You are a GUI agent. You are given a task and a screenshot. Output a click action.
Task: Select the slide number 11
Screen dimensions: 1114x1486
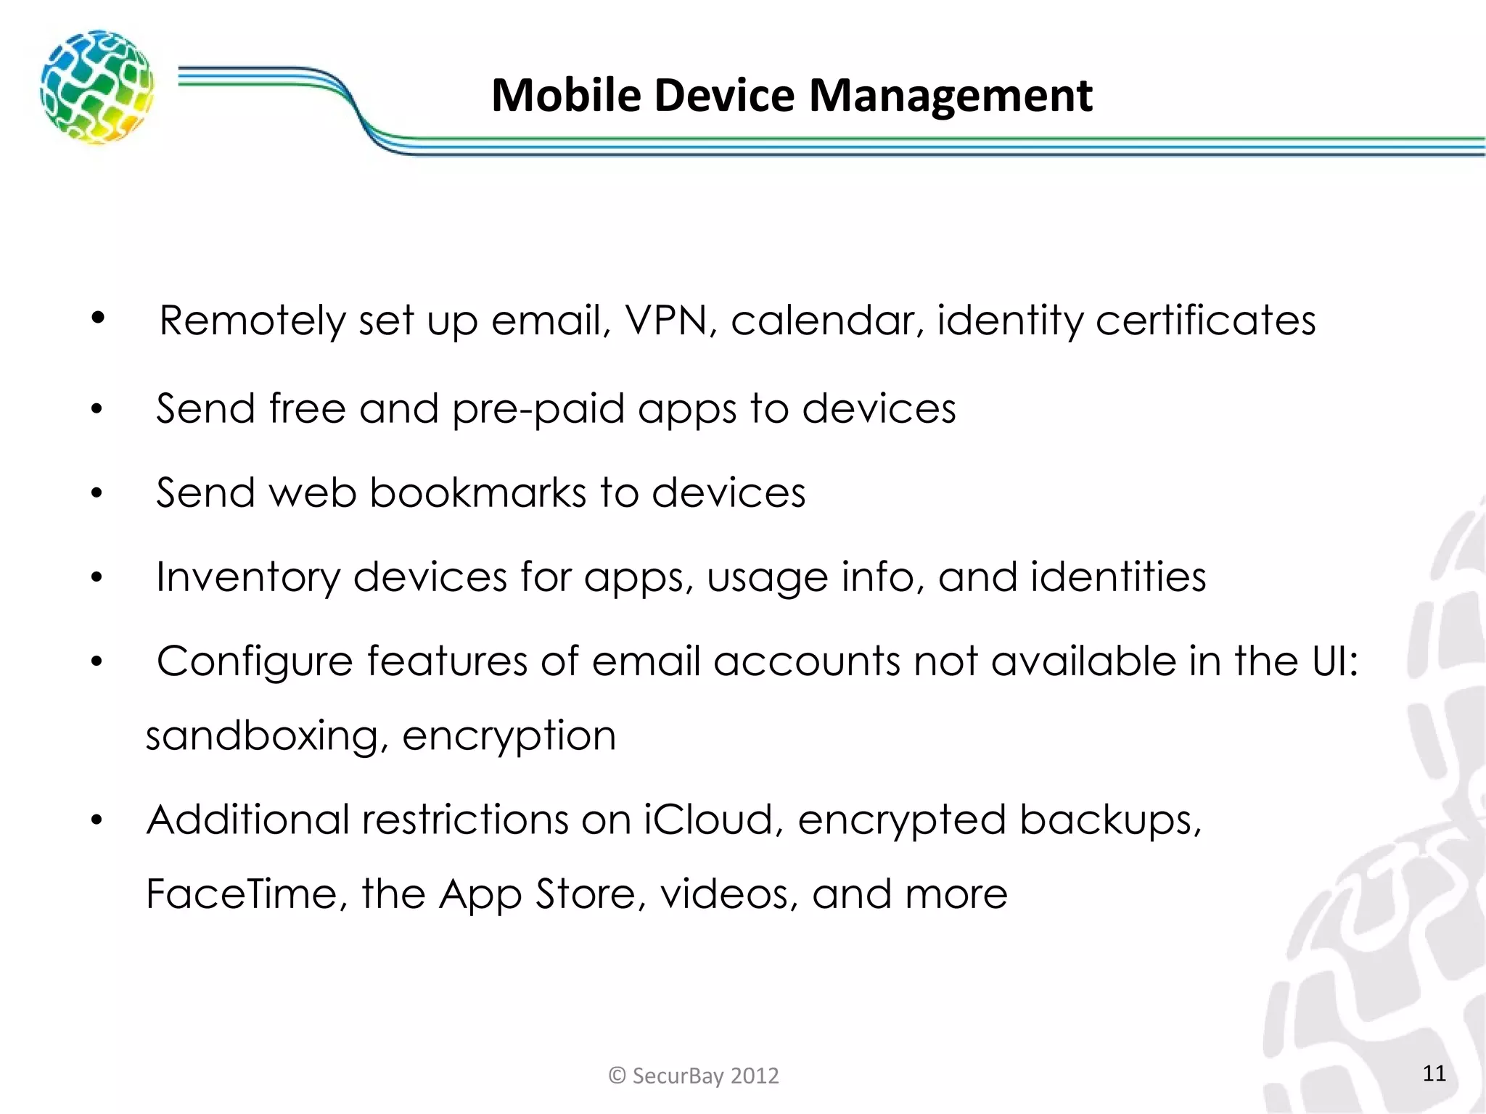tap(1434, 1073)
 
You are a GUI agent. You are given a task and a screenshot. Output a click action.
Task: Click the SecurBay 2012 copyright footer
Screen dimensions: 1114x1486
tap(694, 1075)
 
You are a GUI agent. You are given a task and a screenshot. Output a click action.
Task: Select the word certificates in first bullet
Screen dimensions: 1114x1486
tap(1205, 320)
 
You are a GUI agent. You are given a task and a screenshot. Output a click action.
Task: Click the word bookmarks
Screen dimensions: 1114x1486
tap(477, 493)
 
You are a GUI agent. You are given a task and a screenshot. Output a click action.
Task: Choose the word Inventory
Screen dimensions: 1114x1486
tap(247, 578)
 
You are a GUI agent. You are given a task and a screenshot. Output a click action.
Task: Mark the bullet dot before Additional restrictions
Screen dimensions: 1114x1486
tap(97, 821)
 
